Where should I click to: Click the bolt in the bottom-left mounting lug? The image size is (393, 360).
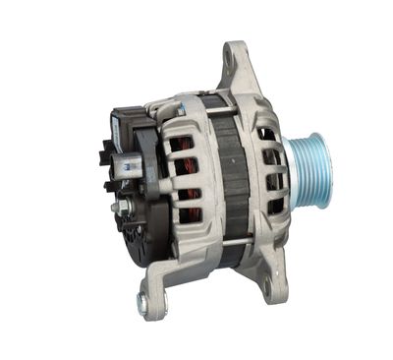[142, 304]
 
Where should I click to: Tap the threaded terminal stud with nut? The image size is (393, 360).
[120, 208]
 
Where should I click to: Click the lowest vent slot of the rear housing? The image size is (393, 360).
[187, 216]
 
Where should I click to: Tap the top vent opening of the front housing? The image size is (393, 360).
[266, 132]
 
